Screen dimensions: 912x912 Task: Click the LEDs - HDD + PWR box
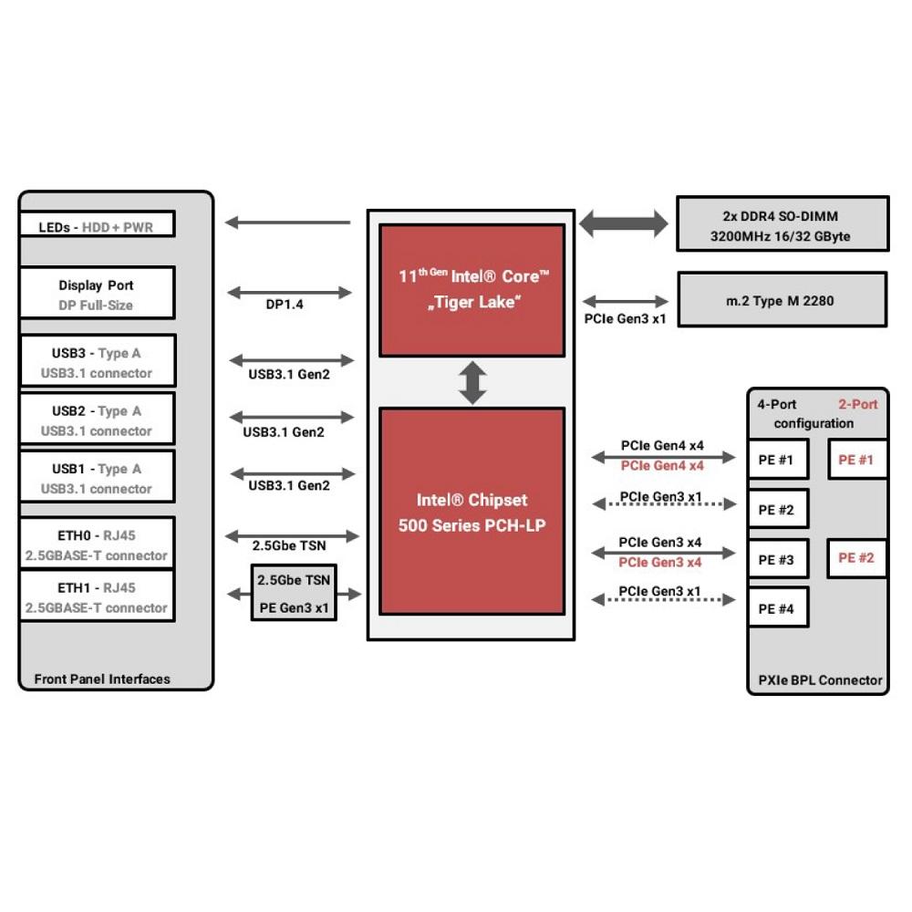pyautogui.click(x=98, y=224)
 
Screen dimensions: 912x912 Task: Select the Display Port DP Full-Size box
pyautogui.click(x=98, y=293)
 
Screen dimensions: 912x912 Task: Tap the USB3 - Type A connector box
pyautogui.click(x=98, y=360)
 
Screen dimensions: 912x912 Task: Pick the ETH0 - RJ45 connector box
pyautogui.click(x=98, y=544)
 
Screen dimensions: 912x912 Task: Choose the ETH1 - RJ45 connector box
pyautogui.click(x=98, y=596)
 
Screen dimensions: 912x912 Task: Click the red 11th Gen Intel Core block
pyautogui.click(x=472, y=290)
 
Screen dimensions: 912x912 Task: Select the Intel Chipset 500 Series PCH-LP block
pyautogui.click(x=472, y=512)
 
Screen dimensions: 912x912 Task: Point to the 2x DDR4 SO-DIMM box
pyautogui.click(x=782, y=224)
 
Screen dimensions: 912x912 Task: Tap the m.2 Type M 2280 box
pyautogui.click(x=782, y=299)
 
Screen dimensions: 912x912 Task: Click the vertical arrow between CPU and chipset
pyautogui.click(x=472, y=383)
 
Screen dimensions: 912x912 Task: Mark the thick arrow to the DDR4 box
pyautogui.click(x=624, y=223)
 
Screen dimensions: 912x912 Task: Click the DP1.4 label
pyautogui.click(x=285, y=305)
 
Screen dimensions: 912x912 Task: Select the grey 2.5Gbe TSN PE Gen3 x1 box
pyautogui.click(x=294, y=593)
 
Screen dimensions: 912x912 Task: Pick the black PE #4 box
pyautogui.click(x=778, y=607)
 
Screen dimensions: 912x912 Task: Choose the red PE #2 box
pyautogui.click(x=856, y=558)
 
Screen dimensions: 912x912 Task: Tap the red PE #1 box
pyautogui.click(x=856, y=460)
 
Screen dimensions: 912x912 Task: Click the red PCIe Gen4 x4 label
pyautogui.click(x=662, y=466)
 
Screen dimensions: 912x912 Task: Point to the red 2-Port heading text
pyautogui.click(x=857, y=404)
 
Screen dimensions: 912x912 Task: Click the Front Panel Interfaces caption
pyautogui.click(x=102, y=679)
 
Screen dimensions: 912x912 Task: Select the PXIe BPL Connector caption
pyautogui.click(x=820, y=680)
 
